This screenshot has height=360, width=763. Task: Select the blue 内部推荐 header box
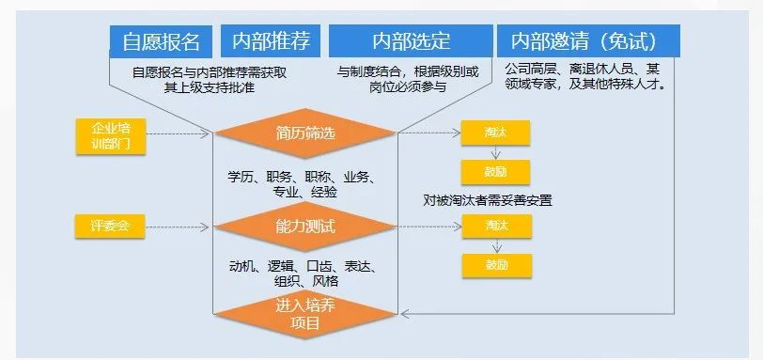pos(271,42)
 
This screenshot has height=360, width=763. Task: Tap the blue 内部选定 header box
pos(411,42)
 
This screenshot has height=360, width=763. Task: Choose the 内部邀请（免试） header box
pos(588,42)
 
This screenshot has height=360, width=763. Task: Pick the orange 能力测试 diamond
pos(305,226)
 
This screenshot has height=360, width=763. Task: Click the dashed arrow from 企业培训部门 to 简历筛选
pos(183,133)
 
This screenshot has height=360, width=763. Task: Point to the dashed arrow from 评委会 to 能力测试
pos(183,226)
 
